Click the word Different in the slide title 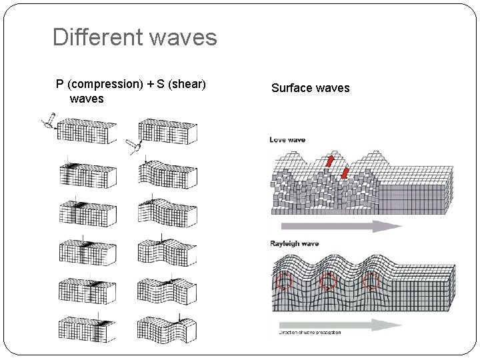click(95, 37)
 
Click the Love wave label click(287, 139)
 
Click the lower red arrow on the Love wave click(345, 175)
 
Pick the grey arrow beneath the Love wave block click(337, 226)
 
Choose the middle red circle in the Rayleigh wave click(327, 282)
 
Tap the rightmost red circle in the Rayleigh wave click(370, 282)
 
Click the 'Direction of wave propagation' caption click(309, 331)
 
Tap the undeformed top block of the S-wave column click(167, 131)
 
